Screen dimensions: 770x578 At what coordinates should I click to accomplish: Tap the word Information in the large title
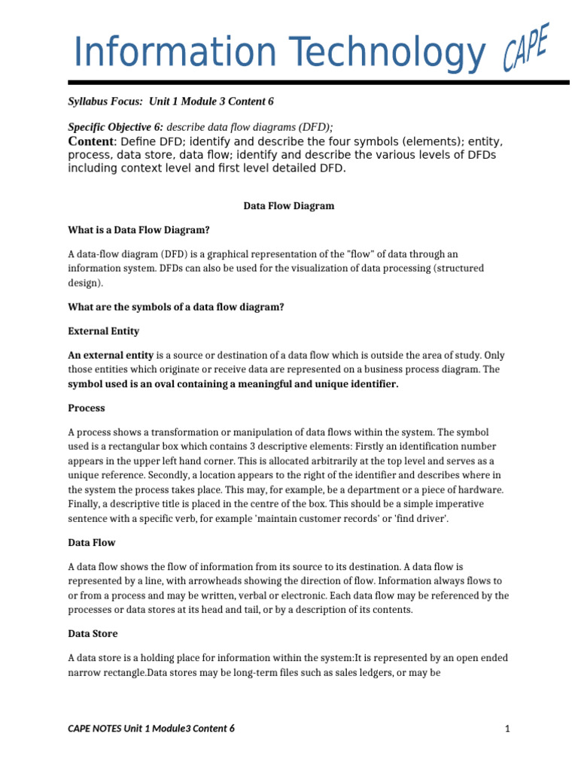point(179,53)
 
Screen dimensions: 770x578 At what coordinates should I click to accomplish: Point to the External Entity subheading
point(104,331)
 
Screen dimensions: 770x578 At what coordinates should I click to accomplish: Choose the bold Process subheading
point(87,408)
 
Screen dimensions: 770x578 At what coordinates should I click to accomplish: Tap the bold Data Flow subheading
point(92,541)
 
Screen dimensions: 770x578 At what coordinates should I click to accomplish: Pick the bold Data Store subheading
point(93,633)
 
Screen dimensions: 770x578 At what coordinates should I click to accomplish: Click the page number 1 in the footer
point(508,728)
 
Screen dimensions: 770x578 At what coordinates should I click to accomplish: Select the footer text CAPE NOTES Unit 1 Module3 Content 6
point(151,728)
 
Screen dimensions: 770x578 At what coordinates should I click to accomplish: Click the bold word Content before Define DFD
point(91,141)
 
